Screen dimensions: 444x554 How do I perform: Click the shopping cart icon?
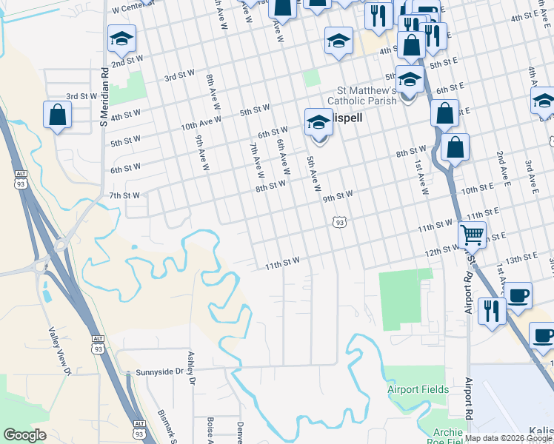472,235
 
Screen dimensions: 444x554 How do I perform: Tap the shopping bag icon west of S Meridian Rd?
57,116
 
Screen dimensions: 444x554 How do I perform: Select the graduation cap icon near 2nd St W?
122,38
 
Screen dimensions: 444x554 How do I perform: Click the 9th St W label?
338,196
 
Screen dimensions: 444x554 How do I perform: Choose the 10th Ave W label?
201,124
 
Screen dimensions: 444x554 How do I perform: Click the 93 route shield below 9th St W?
339,221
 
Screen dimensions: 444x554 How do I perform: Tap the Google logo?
25,435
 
